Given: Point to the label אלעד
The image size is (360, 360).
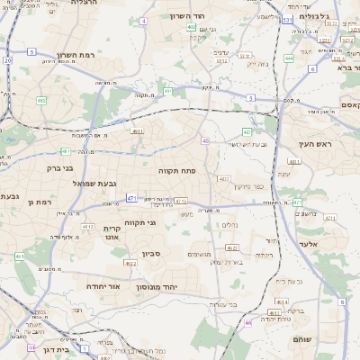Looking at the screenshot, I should pyautogui.click(x=309, y=244).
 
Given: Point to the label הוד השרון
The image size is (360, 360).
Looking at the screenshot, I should pyautogui.click(x=213, y=17).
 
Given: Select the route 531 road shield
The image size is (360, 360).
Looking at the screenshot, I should pyautogui.click(x=286, y=19).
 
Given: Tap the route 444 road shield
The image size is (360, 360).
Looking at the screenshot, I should pyautogui.click(x=289, y=58).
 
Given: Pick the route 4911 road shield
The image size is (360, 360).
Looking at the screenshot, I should pyautogui.click(x=137, y=131).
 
